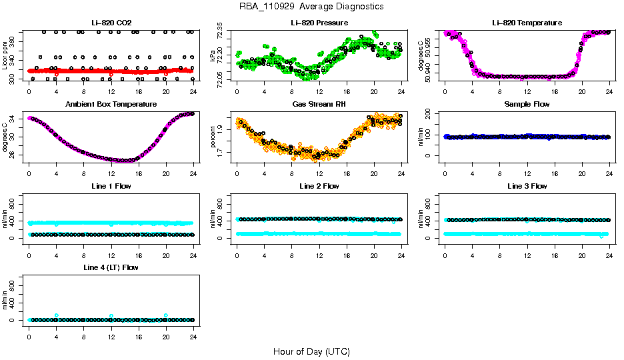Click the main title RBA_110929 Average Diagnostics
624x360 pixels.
311,7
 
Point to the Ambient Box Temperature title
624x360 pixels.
111,104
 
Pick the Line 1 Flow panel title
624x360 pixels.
111,186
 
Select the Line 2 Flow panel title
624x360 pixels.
319,186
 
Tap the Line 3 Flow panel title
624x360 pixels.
527,186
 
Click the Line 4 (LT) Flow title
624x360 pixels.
111,267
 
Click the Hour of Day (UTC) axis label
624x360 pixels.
311,351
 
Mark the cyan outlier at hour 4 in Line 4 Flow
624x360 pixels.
57,315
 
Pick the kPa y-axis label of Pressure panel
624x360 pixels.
213,58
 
